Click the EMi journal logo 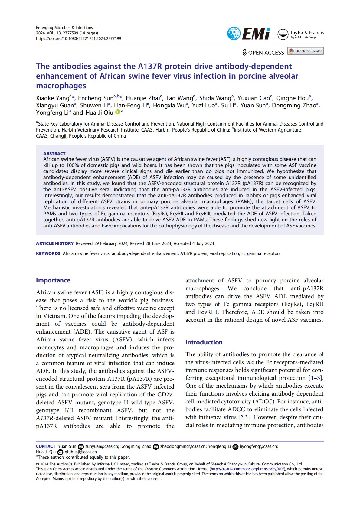coord(248,34)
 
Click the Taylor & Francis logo coord(300,34)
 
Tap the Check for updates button coord(306,51)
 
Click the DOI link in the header coord(78,38)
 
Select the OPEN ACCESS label coord(263,53)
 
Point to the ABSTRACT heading coord(54,153)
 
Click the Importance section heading coord(53,280)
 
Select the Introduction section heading coord(204,342)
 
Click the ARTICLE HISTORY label coord(55,243)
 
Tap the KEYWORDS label coord(48,253)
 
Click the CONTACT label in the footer coord(46,446)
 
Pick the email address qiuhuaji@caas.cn coord(81,452)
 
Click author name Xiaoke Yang coord(53,98)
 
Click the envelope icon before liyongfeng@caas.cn coord(235,447)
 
